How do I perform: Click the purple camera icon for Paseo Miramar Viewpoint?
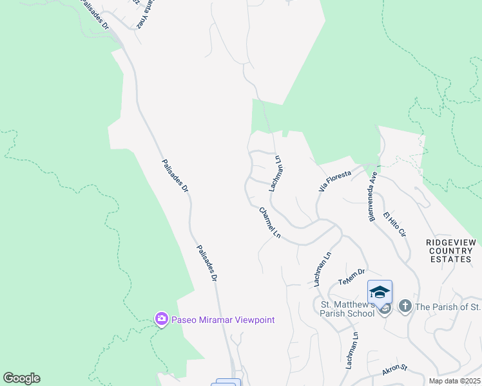click(x=160, y=319)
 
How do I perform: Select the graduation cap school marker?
click(x=380, y=293)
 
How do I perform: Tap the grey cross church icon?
click(x=405, y=306)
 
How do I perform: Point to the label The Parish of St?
click(x=447, y=306)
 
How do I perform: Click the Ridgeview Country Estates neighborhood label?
click(x=450, y=250)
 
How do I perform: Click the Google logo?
click(x=21, y=378)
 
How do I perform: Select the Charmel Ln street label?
click(x=270, y=223)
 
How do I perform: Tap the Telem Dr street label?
click(x=351, y=277)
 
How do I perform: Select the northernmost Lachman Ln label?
click(x=276, y=173)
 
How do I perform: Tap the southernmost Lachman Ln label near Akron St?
click(x=351, y=351)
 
